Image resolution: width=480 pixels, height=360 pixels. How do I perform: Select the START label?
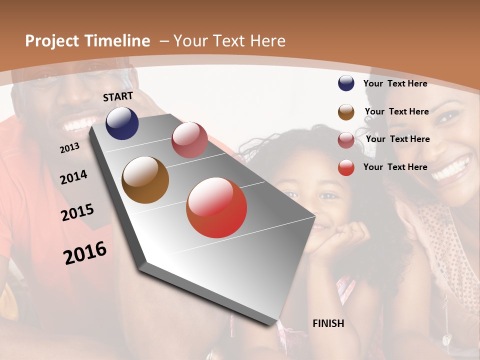coord(118,96)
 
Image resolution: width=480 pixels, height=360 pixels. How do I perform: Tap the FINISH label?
coord(328,323)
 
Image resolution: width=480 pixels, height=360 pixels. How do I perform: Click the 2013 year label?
coord(69,148)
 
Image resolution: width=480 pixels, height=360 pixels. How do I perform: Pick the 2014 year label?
coord(73,177)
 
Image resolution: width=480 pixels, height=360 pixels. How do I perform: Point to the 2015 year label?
coord(77,212)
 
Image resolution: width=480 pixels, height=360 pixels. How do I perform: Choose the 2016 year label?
coord(85,252)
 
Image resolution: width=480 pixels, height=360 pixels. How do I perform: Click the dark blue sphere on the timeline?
coord(122,123)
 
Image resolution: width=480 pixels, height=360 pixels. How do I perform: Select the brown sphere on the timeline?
coord(145,180)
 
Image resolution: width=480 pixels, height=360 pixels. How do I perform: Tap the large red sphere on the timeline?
coord(216,207)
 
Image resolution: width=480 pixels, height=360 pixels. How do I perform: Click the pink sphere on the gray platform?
coord(189,140)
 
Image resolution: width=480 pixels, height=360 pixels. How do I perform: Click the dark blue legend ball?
coord(346,83)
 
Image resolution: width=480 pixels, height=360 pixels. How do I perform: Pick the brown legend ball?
coord(346,112)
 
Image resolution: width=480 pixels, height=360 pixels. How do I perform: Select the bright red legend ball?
coord(346,167)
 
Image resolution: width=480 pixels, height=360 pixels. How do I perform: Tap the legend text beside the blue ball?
coord(395,83)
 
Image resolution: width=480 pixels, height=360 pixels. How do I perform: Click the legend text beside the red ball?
coord(395,167)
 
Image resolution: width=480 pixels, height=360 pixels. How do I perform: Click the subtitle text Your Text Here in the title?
coord(229,41)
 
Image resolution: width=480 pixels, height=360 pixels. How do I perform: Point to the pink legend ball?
coord(346,140)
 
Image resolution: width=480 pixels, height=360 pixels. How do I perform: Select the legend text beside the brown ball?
coord(396,111)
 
